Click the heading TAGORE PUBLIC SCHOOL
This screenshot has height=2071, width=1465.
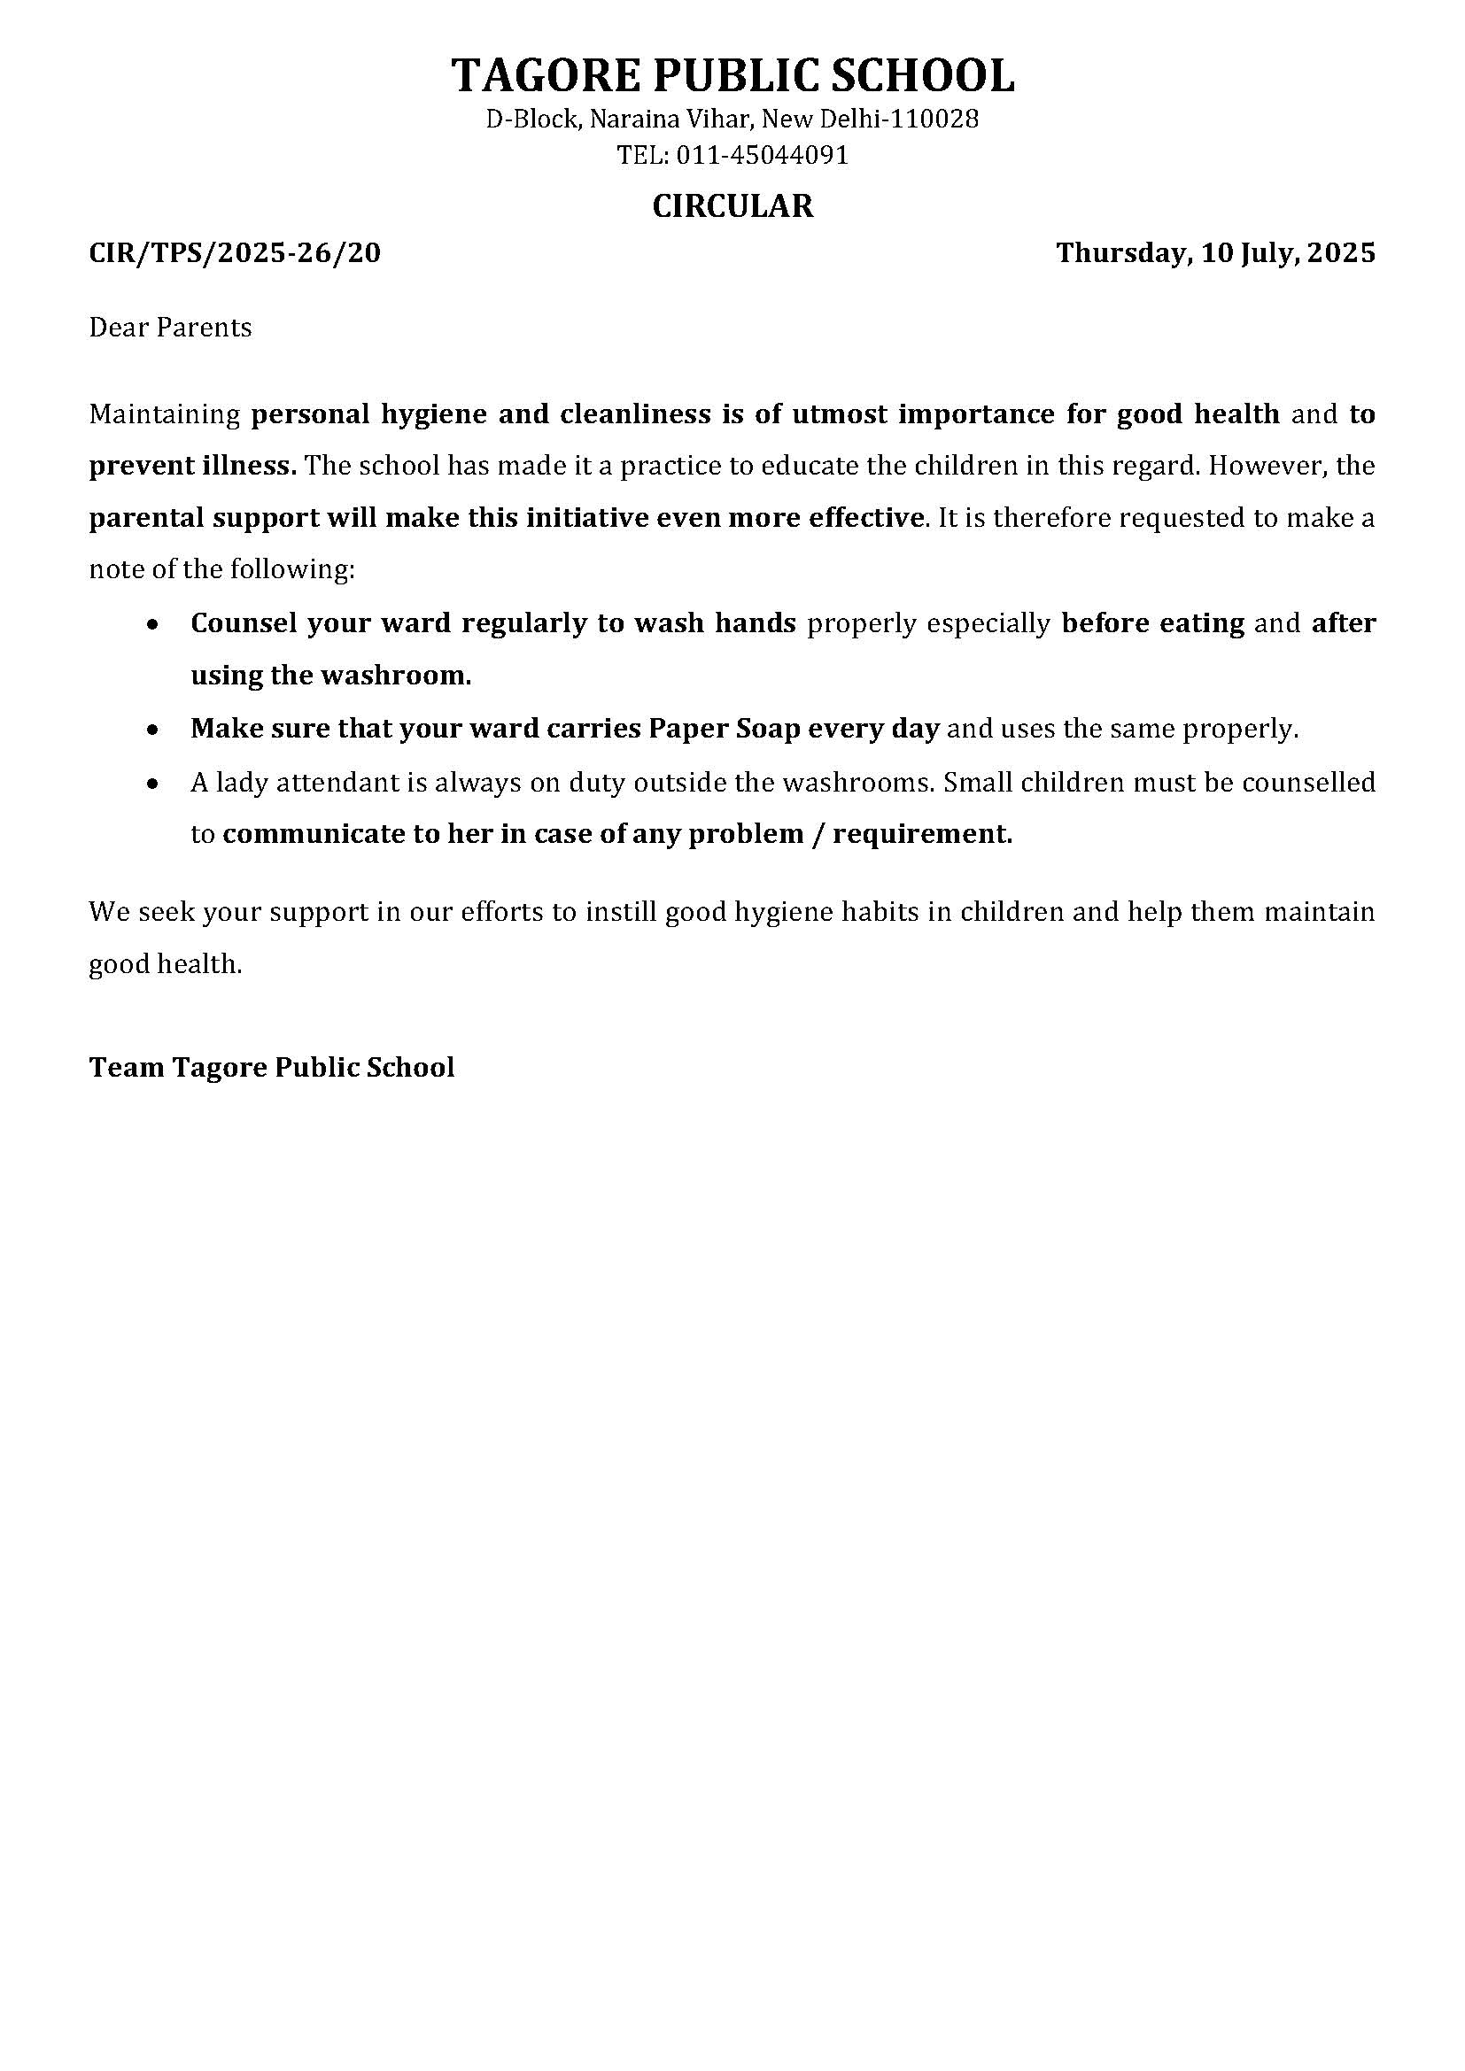pos(732,75)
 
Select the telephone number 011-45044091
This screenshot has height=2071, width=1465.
pos(763,156)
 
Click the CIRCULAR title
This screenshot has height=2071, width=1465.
pos(732,206)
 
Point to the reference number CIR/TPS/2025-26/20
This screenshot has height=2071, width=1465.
pos(235,252)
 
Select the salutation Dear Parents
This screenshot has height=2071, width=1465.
pos(169,327)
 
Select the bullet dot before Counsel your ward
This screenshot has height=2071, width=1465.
pos(154,624)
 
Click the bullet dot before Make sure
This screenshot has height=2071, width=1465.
pos(154,729)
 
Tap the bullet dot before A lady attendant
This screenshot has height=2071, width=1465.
pos(154,783)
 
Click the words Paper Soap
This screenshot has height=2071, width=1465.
pos(725,729)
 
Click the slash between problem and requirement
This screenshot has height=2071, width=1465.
pos(818,834)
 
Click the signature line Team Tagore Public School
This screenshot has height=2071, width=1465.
pos(272,1068)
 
